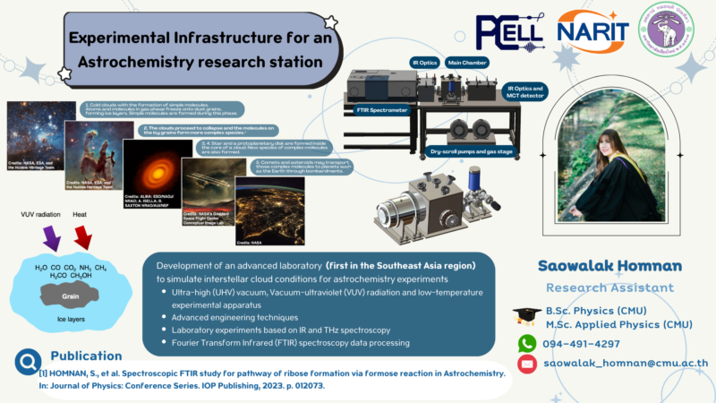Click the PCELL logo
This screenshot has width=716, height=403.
click(496, 33)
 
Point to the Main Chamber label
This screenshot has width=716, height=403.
click(467, 63)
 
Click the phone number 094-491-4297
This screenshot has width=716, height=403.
click(582, 343)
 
